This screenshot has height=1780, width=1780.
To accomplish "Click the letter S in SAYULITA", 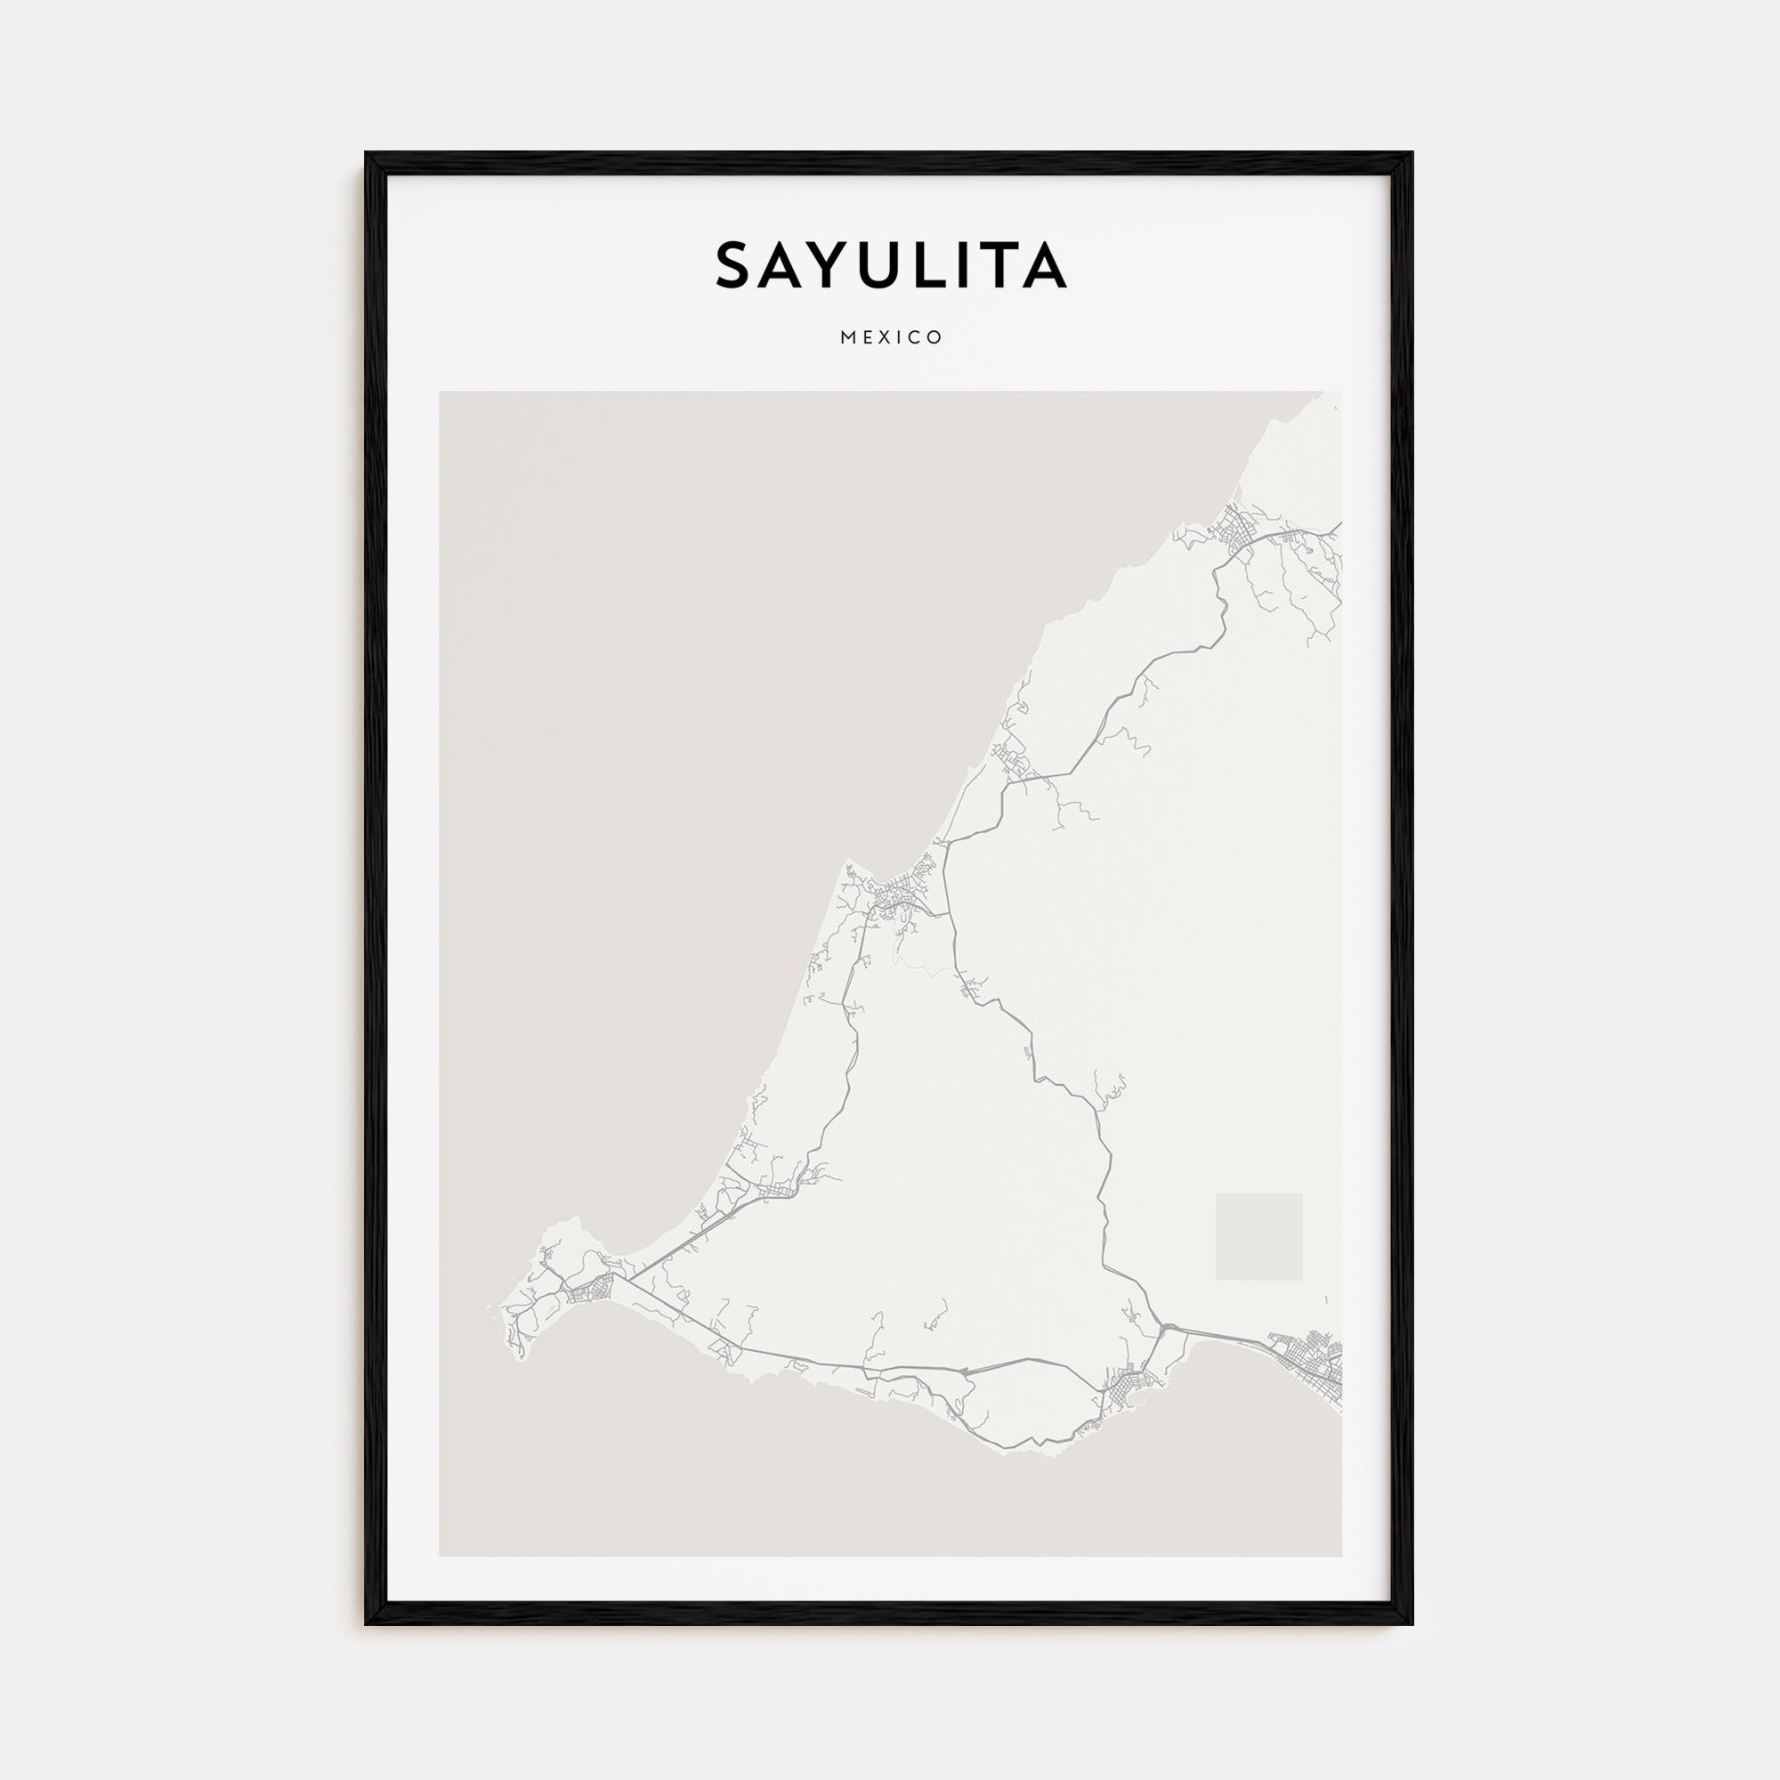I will pyautogui.click(x=739, y=265).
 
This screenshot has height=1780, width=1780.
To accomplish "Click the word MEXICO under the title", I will pyautogui.click(x=891, y=338).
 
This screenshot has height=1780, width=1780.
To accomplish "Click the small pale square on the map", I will pyautogui.click(x=1258, y=1236).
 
